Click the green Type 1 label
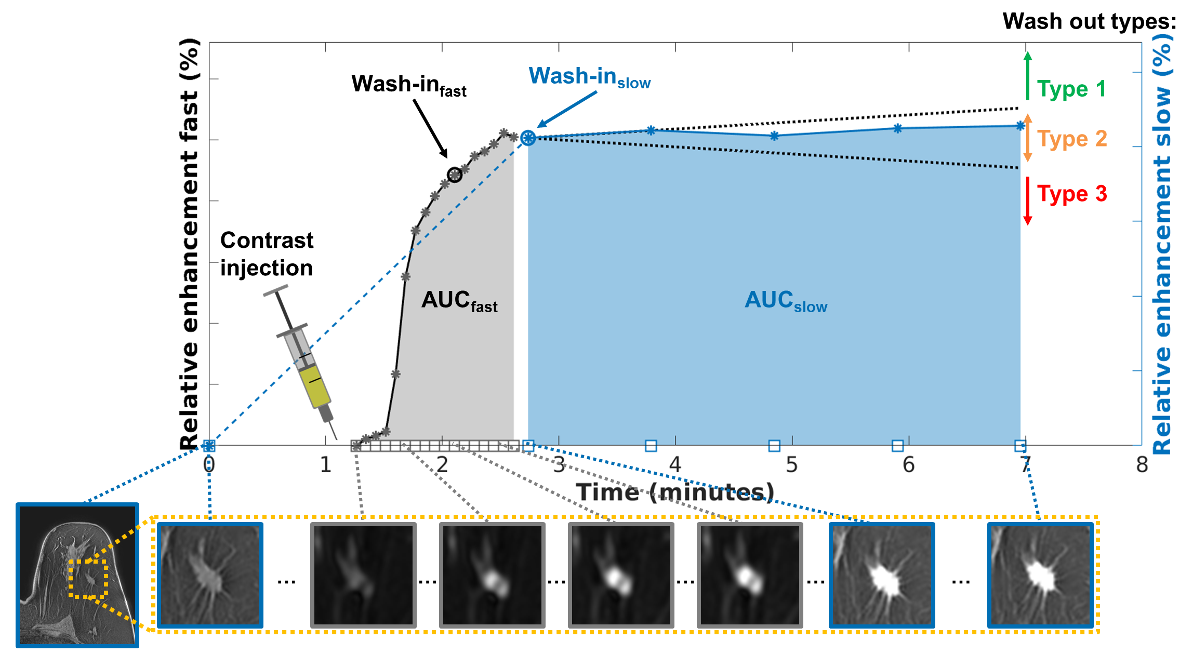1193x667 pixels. click(x=1071, y=89)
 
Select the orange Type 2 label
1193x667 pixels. click(x=1072, y=139)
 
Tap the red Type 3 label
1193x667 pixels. click(x=1072, y=194)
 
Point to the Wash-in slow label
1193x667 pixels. click(x=589, y=77)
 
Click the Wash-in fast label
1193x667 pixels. click(x=408, y=85)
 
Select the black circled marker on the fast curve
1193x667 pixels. click(x=455, y=175)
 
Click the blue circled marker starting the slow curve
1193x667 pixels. click(x=528, y=138)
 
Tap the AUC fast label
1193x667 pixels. click(x=459, y=301)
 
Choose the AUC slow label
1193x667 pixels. click(x=786, y=301)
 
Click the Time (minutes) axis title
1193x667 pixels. click(x=674, y=492)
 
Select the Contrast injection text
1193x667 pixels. click(x=267, y=254)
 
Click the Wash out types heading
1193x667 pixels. click(x=1089, y=22)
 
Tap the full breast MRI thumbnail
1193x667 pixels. click(x=77, y=575)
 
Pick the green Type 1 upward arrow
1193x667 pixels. click(x=1027, y=76)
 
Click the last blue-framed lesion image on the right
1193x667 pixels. click(x=1040, y=575)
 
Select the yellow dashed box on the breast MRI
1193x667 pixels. click(x=88, y=579)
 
